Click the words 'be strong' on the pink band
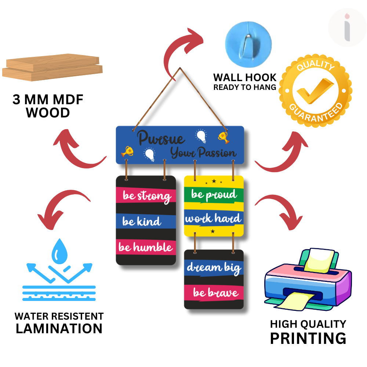(x=147, y=196)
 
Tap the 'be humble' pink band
(x=146, y=247)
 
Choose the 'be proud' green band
(x=214, y=195)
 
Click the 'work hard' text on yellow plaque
(x=213, y=219)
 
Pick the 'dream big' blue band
(x=214, y=267)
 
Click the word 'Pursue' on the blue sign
(x=161, y=139)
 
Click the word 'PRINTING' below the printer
(x=308, y=338)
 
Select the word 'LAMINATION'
(x=59, y=328)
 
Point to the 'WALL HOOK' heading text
(x=245, y=77)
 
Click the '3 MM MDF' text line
(x=48, y=100)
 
